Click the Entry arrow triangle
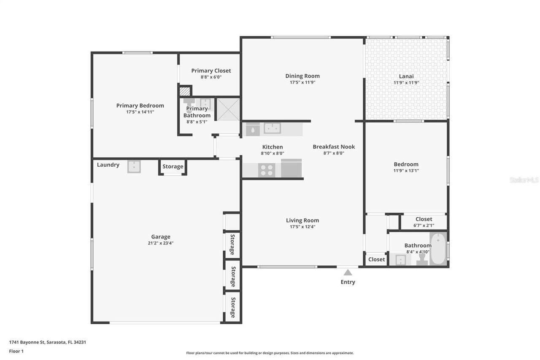tap(348, 273)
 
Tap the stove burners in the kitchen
tap(267, 170)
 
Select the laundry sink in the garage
tap(134, 167)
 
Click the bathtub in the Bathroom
tap(438, 249)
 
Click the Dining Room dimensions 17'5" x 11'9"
tap(302, 83)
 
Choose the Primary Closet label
tap(211, 71)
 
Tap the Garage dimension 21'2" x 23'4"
tap(161, 243)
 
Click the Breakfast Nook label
tap(334, 147)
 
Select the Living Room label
tap(302, 220)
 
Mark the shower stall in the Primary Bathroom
tap(228, 109)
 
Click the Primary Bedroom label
tap(140, 106)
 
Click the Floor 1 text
tap(16, 351)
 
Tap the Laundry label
tap(108, 165)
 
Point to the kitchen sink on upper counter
tap(272, 128)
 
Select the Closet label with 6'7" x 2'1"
tap(424, 219)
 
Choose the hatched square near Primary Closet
tap(184, 91)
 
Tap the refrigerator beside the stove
tap(292, 169)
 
